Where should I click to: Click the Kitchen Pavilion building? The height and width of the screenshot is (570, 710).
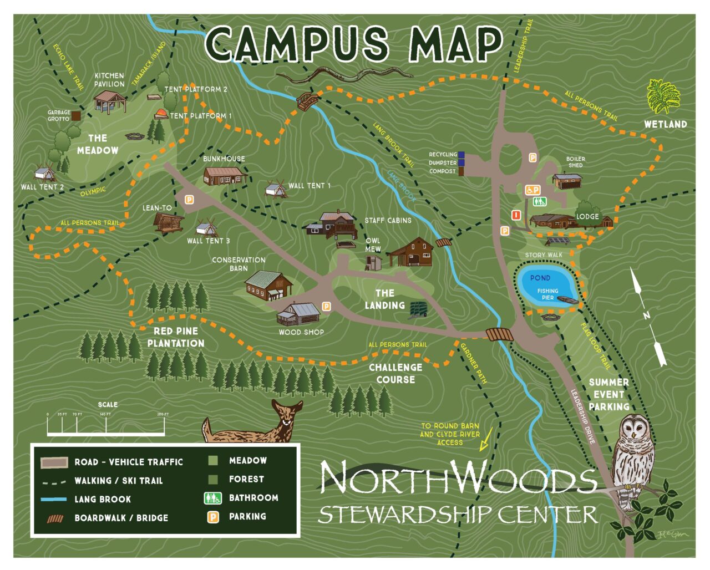[109, 101]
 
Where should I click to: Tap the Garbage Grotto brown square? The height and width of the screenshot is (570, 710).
[76, 116]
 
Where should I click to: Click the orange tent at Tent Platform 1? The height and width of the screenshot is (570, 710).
[161, 114]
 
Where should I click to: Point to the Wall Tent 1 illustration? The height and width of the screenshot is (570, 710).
[276, 187]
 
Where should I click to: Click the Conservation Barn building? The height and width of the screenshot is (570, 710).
[269, 285]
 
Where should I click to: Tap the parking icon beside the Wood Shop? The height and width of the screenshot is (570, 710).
[326, 307]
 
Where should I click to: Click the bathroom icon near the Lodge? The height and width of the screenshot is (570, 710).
[540, 202]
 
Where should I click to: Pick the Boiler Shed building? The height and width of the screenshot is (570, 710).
[567, 181]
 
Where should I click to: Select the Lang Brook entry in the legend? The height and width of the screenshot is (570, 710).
[103, 499]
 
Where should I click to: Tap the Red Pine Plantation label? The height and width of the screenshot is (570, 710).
[176, 337]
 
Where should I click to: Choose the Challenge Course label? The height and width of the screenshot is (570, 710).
[395, 373]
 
